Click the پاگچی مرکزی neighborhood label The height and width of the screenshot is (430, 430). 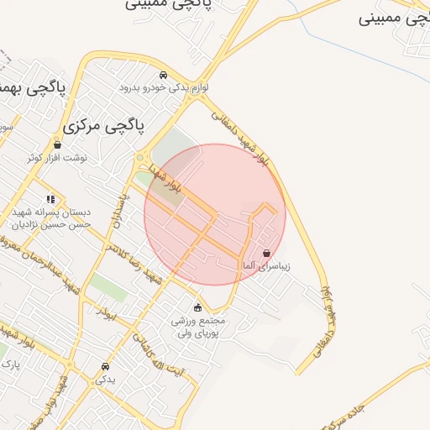[x=104, y=127]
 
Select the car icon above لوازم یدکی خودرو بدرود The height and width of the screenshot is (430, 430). [x=162, y=74]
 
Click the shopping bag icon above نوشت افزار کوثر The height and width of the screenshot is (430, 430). [x=57, y=144]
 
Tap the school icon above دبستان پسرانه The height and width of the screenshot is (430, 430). [x=51, y=200]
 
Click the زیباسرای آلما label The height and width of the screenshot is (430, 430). [x=266, y=265]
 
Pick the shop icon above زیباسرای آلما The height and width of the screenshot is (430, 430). [x=266, y=253]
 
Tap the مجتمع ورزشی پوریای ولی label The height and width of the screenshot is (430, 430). [x=197, y=327]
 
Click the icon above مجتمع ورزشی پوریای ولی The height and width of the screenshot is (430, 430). [x=197, y=307]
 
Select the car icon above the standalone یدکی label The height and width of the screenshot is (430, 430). [x=105, y=367]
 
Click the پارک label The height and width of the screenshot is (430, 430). [x=9, y=364]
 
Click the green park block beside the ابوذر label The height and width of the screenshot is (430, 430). [x=107, y=288]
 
